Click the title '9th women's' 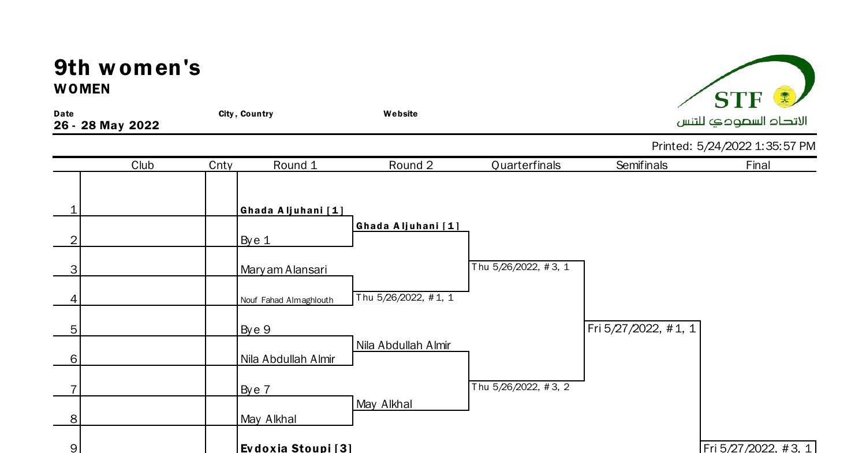click(127, 68)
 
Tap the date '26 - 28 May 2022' click(106, 126)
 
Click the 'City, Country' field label click(245, 114)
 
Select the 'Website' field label click(400, 114)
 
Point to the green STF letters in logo click(738, 100)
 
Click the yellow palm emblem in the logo click(784, 97)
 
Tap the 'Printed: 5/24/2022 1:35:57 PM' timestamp click(733, 146)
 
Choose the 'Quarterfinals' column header click(525, 166)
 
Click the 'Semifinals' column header click(641, 166)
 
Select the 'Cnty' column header click(221, 166)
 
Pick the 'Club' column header click(143, 166)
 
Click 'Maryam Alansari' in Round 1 click(283, 269)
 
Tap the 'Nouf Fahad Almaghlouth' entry click(287, 300)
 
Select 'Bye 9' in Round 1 click(255, 330)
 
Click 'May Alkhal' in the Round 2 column click(384, 405)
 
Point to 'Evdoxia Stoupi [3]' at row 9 click(296, 448)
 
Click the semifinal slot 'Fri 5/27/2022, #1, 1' click(641, 329)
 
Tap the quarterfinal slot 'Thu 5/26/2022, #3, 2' click(520, 387)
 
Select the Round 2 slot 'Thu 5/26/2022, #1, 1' click(404, 298)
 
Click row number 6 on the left click(73, 359)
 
